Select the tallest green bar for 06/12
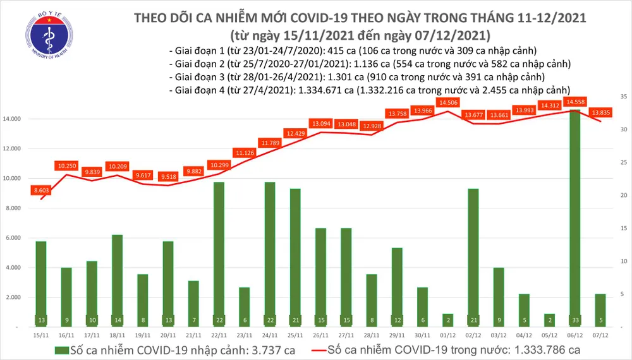tap(574, 215)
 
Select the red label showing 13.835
tap(600, 112)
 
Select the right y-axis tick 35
tap(623, 97)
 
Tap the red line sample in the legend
tap(322, 350)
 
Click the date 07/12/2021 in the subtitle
tap(449, 34)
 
